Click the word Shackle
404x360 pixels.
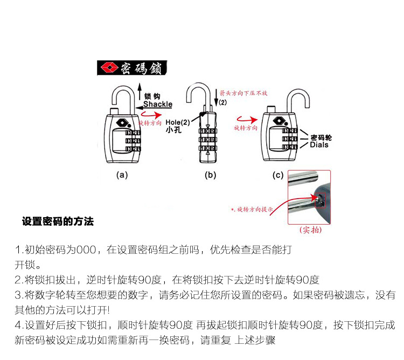157,104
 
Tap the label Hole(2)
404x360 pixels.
178,122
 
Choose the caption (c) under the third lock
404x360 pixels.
278,175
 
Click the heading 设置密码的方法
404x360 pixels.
58,221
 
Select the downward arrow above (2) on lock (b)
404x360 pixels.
217,95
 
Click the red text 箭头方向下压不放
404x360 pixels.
243,93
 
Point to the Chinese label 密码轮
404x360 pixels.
321,137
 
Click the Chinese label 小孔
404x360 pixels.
173,130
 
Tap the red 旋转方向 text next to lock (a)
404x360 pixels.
150,123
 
